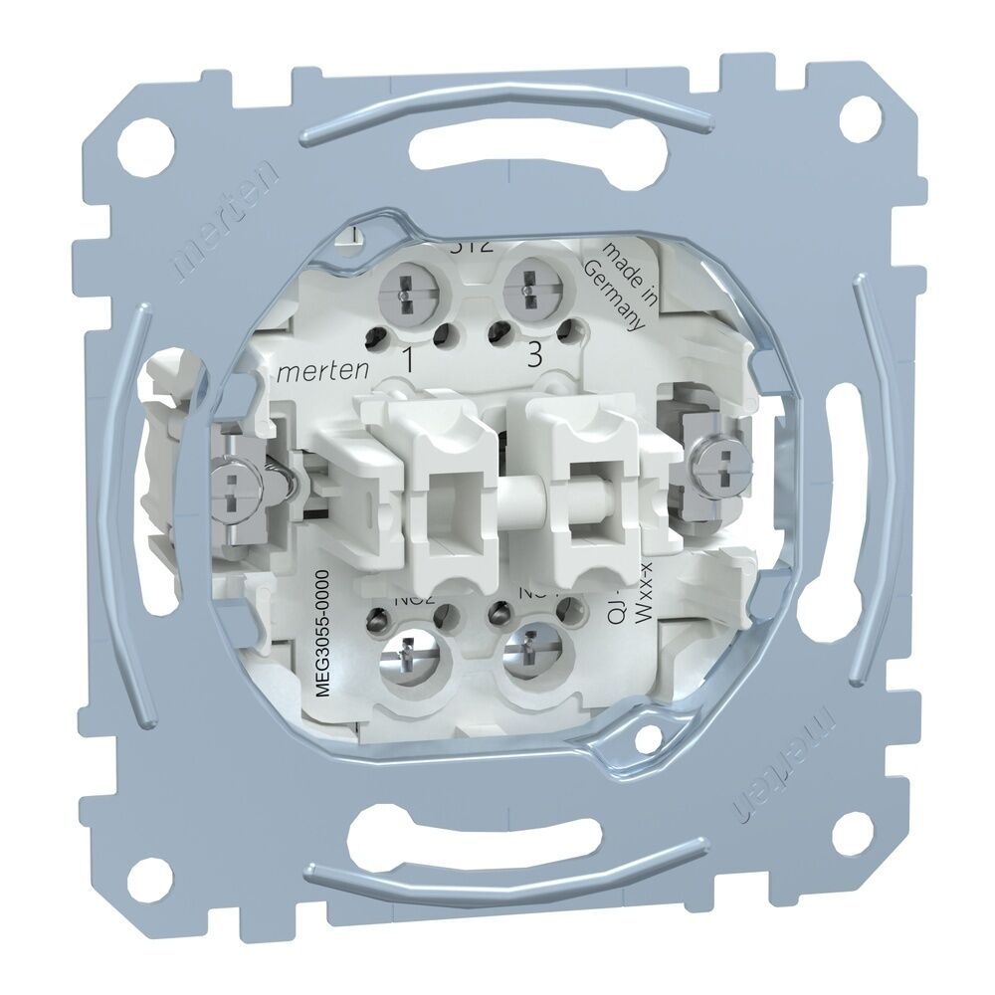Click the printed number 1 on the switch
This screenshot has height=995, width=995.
tap(407, 358)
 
